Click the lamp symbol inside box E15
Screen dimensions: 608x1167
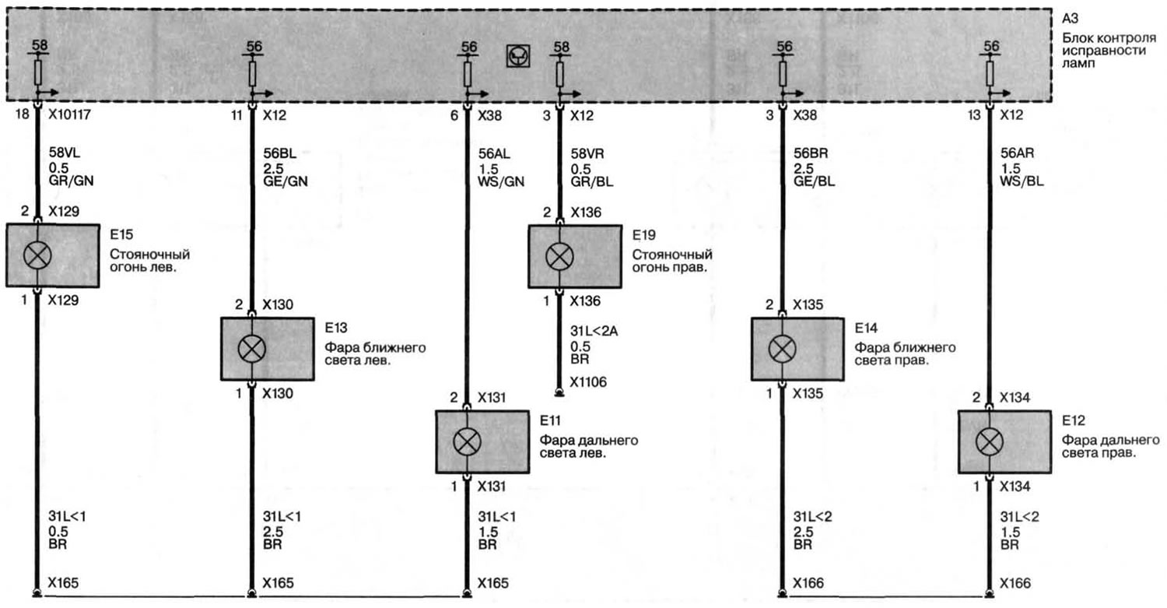coord(37,255)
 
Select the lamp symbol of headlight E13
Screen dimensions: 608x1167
coord(251,350)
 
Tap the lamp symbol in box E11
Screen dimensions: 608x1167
coord(466,442)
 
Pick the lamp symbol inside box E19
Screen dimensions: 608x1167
coord(559,255)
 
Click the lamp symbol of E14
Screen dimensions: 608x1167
coord(780,350)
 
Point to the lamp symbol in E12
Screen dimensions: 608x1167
coord(990,442)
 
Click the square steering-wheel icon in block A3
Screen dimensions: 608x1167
coord(516,56)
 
